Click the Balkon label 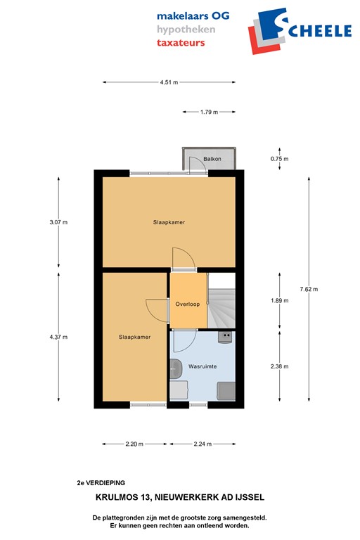(212, 160)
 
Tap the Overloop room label (188, 304)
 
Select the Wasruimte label (202, 367)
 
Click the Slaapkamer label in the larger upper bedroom (169, 222)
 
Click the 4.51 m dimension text (169, 82)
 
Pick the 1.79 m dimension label (209, 112)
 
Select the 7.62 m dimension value (308, 289)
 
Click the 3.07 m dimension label (58, 222)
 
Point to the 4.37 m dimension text (58, 337)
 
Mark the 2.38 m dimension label (280, 367)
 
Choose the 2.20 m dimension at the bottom (134, 444)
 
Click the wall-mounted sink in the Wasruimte (176, 366)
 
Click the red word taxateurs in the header (181, 42)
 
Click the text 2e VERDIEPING (101, 483)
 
